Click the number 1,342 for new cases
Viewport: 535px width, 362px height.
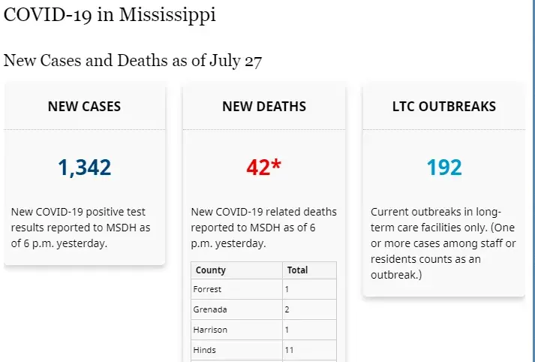84,167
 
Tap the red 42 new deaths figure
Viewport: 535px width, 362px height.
258,167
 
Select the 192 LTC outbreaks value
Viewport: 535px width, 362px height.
444,167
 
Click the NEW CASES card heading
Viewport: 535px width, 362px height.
84,107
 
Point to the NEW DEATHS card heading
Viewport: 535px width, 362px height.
264,107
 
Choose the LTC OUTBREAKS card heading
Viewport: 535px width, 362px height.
444,107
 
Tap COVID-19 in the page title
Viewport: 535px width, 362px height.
47,16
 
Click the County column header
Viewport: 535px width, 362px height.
211,270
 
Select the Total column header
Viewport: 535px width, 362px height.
298,270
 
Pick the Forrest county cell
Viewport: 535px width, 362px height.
208,290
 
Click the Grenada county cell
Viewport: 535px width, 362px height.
209,309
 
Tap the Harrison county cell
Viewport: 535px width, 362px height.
210,330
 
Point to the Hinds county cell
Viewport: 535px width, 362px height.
204,350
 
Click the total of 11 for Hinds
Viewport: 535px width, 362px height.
290,350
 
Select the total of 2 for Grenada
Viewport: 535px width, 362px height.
287,309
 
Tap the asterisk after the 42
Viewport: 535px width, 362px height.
276,164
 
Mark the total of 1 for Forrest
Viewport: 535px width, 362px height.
287,290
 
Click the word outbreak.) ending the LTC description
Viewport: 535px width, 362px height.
396,275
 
